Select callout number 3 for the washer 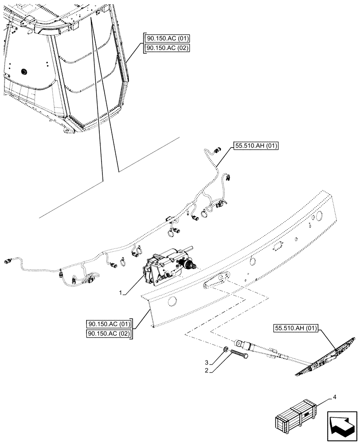pos(207,362)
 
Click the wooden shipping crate pos(296,418)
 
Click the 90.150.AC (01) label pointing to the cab pos(166,39)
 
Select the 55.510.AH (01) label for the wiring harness pos(254,146)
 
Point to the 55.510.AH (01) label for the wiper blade pos(297,328)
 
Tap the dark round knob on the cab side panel pos(23,70)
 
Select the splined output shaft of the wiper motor pos(192,266)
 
